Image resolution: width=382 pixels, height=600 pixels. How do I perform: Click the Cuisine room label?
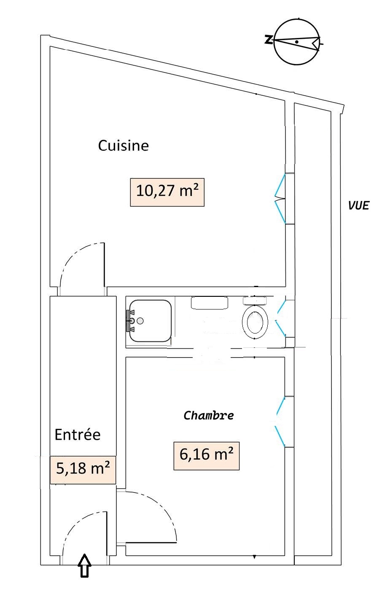[123, 145]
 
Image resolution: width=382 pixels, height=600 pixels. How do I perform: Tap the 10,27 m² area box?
[167, 192]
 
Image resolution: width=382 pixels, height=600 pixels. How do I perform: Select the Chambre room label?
[208, 415]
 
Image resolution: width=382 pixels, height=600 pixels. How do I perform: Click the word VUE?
[359, 205]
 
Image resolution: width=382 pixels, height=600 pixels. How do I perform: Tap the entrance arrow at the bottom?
[84, 565]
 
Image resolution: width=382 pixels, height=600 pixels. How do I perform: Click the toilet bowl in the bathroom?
[255, 322]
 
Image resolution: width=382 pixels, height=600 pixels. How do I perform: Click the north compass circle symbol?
[297, 42]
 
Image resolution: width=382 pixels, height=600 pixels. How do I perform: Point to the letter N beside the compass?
[268, 40]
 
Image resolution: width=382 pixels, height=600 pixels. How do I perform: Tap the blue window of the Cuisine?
[280, 199]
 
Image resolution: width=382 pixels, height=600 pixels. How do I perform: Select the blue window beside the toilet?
[281, 318]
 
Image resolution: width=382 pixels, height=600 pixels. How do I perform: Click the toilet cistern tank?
[255, 301]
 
